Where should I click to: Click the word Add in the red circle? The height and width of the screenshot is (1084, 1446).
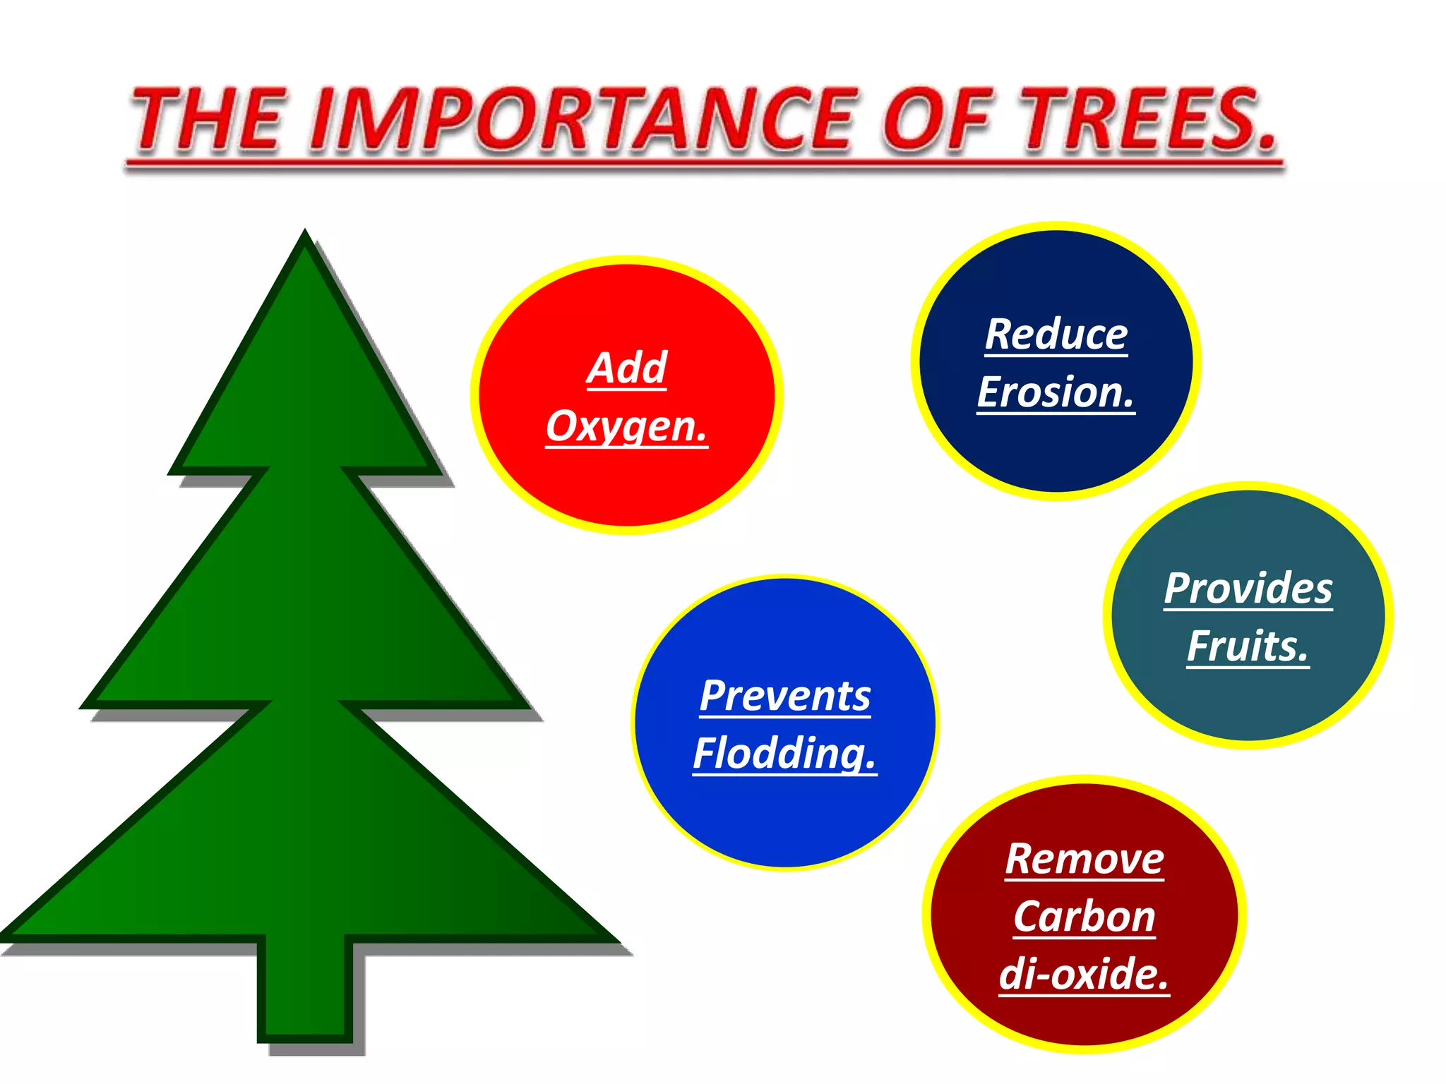click(x=627, y=368)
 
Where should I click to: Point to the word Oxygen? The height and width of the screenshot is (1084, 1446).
click(x=626, y=426)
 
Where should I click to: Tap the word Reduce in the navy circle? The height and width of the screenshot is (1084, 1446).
click(x=1056, y=335)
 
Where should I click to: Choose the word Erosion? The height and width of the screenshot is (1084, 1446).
click(x=1056, y=392)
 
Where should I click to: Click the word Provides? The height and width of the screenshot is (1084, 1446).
click(x=1248, y=589)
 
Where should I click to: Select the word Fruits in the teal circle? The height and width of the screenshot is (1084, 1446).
click(x=1248, y=646)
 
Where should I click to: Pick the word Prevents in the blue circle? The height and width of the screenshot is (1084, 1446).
click(x=785, y=696)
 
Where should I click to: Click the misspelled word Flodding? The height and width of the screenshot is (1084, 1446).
click(x=784, y=754)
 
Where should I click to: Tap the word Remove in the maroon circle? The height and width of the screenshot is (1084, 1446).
click(x=1084, y=860)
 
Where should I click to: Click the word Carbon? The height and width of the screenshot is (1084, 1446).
click(x=1084, y=917)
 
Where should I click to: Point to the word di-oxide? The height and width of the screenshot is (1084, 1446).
click(x=1084, y=975)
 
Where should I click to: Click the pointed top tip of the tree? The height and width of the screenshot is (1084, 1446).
click(x=305, y=234)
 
